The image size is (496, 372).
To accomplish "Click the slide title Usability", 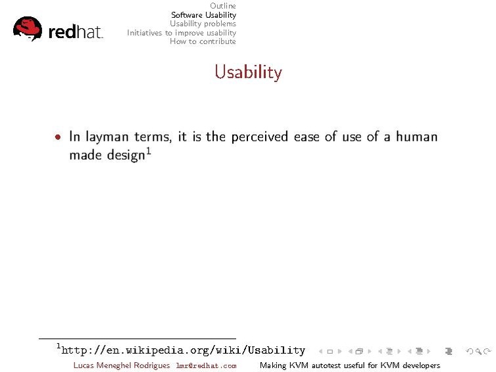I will pyautogui.click(x=248, y=72).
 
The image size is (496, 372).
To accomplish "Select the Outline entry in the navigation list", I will pyautogui.click(x=222, y=6).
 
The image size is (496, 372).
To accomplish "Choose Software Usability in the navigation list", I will pyautogui.click(x=203, y=14).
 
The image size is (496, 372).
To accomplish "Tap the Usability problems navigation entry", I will pyautogui.click(x=203, y=24).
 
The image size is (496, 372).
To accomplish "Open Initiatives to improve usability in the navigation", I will pyautogui.click(x=182, y=32).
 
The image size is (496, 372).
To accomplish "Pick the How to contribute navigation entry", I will pyautogui.click(x=203, y=41).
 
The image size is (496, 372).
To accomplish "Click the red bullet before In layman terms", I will pyautogui.click(x=59, y=137).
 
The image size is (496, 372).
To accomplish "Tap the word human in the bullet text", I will pyautogui.click(x=417, y=137).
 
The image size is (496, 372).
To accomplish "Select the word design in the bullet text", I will pyautogui.click(x=126, y=156).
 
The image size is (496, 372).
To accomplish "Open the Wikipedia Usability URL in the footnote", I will pyautogui.click(x=183, y=350).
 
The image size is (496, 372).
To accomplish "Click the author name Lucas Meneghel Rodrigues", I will pyautogui.click(x=122, y=365).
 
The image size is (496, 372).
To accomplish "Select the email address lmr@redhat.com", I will pyautogui.click(x=206, y=365).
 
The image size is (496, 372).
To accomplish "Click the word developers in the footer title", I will pyautogui.click(x=419, y=365).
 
